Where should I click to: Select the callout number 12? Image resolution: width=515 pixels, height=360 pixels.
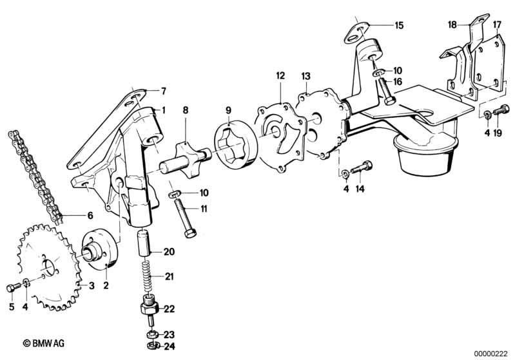[280, 75]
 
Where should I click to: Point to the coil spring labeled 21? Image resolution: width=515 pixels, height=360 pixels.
[147, 277]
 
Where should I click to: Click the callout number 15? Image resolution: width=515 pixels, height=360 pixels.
[399, 26]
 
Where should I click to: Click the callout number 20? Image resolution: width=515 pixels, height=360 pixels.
[169, 251]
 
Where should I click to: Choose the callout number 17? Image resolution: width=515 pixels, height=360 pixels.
[497, 25]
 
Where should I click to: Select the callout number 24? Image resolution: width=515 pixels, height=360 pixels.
[169, 346]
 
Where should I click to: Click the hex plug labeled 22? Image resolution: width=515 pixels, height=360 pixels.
[148, 308]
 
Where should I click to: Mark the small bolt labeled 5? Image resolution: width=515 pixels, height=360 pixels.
[12, 287]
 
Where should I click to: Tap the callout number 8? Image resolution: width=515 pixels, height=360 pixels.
[185, 110]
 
